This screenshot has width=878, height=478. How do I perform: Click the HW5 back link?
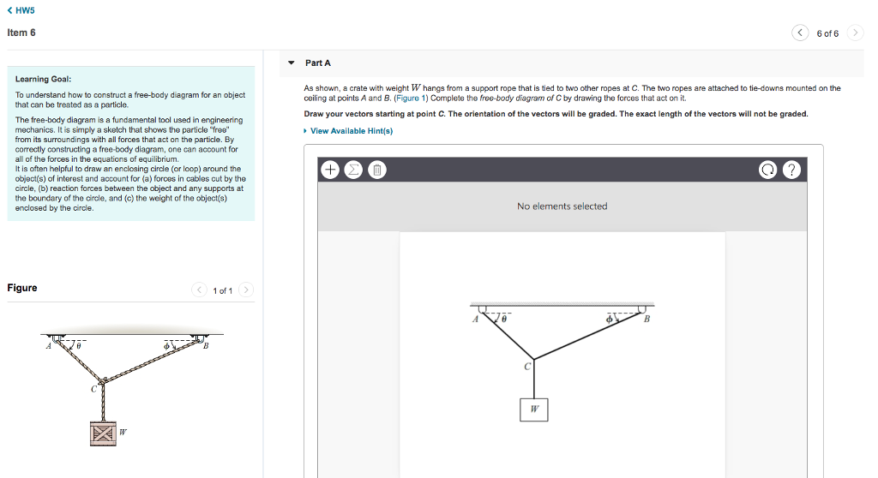tap(21, 10)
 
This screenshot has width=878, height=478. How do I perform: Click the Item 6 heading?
tap(21, 33)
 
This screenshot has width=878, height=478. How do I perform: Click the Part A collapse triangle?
tap(292, 63)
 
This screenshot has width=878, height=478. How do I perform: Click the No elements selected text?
tap(562, 206)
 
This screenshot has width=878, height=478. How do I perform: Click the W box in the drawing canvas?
tap(533, 409)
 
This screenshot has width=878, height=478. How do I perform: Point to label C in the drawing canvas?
tap(527, 367)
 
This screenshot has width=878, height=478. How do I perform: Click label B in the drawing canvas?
tap(646, 320)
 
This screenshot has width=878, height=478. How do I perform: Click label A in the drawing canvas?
tap(475, 320)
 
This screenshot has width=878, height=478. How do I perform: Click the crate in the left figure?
tap(102, 432)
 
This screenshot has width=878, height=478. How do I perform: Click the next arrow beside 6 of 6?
tap(855, 33)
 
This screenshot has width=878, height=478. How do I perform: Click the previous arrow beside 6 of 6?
tap(801, 33)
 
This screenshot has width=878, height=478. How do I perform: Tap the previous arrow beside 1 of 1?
tap(199, 290)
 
